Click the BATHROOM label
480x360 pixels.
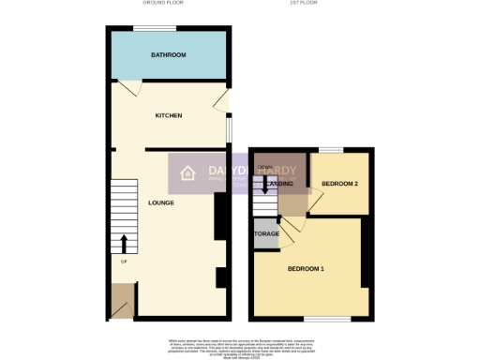pyautogui.click(x=169, y=55)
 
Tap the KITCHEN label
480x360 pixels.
pyautogui.click(x=169, y=115)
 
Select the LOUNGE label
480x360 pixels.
pyautogui.click(x=162, y=202)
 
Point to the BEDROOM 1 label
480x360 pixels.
pyautogui.click(x=306, y=269)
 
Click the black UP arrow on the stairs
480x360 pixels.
pyautogui.click(x=123, y=244)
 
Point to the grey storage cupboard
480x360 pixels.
pyautogui.click(x=266, y=232)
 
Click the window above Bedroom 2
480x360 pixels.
pyautogui.click(x=329, y=150)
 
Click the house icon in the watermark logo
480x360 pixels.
pyautogui.click(x=187, y=172)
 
